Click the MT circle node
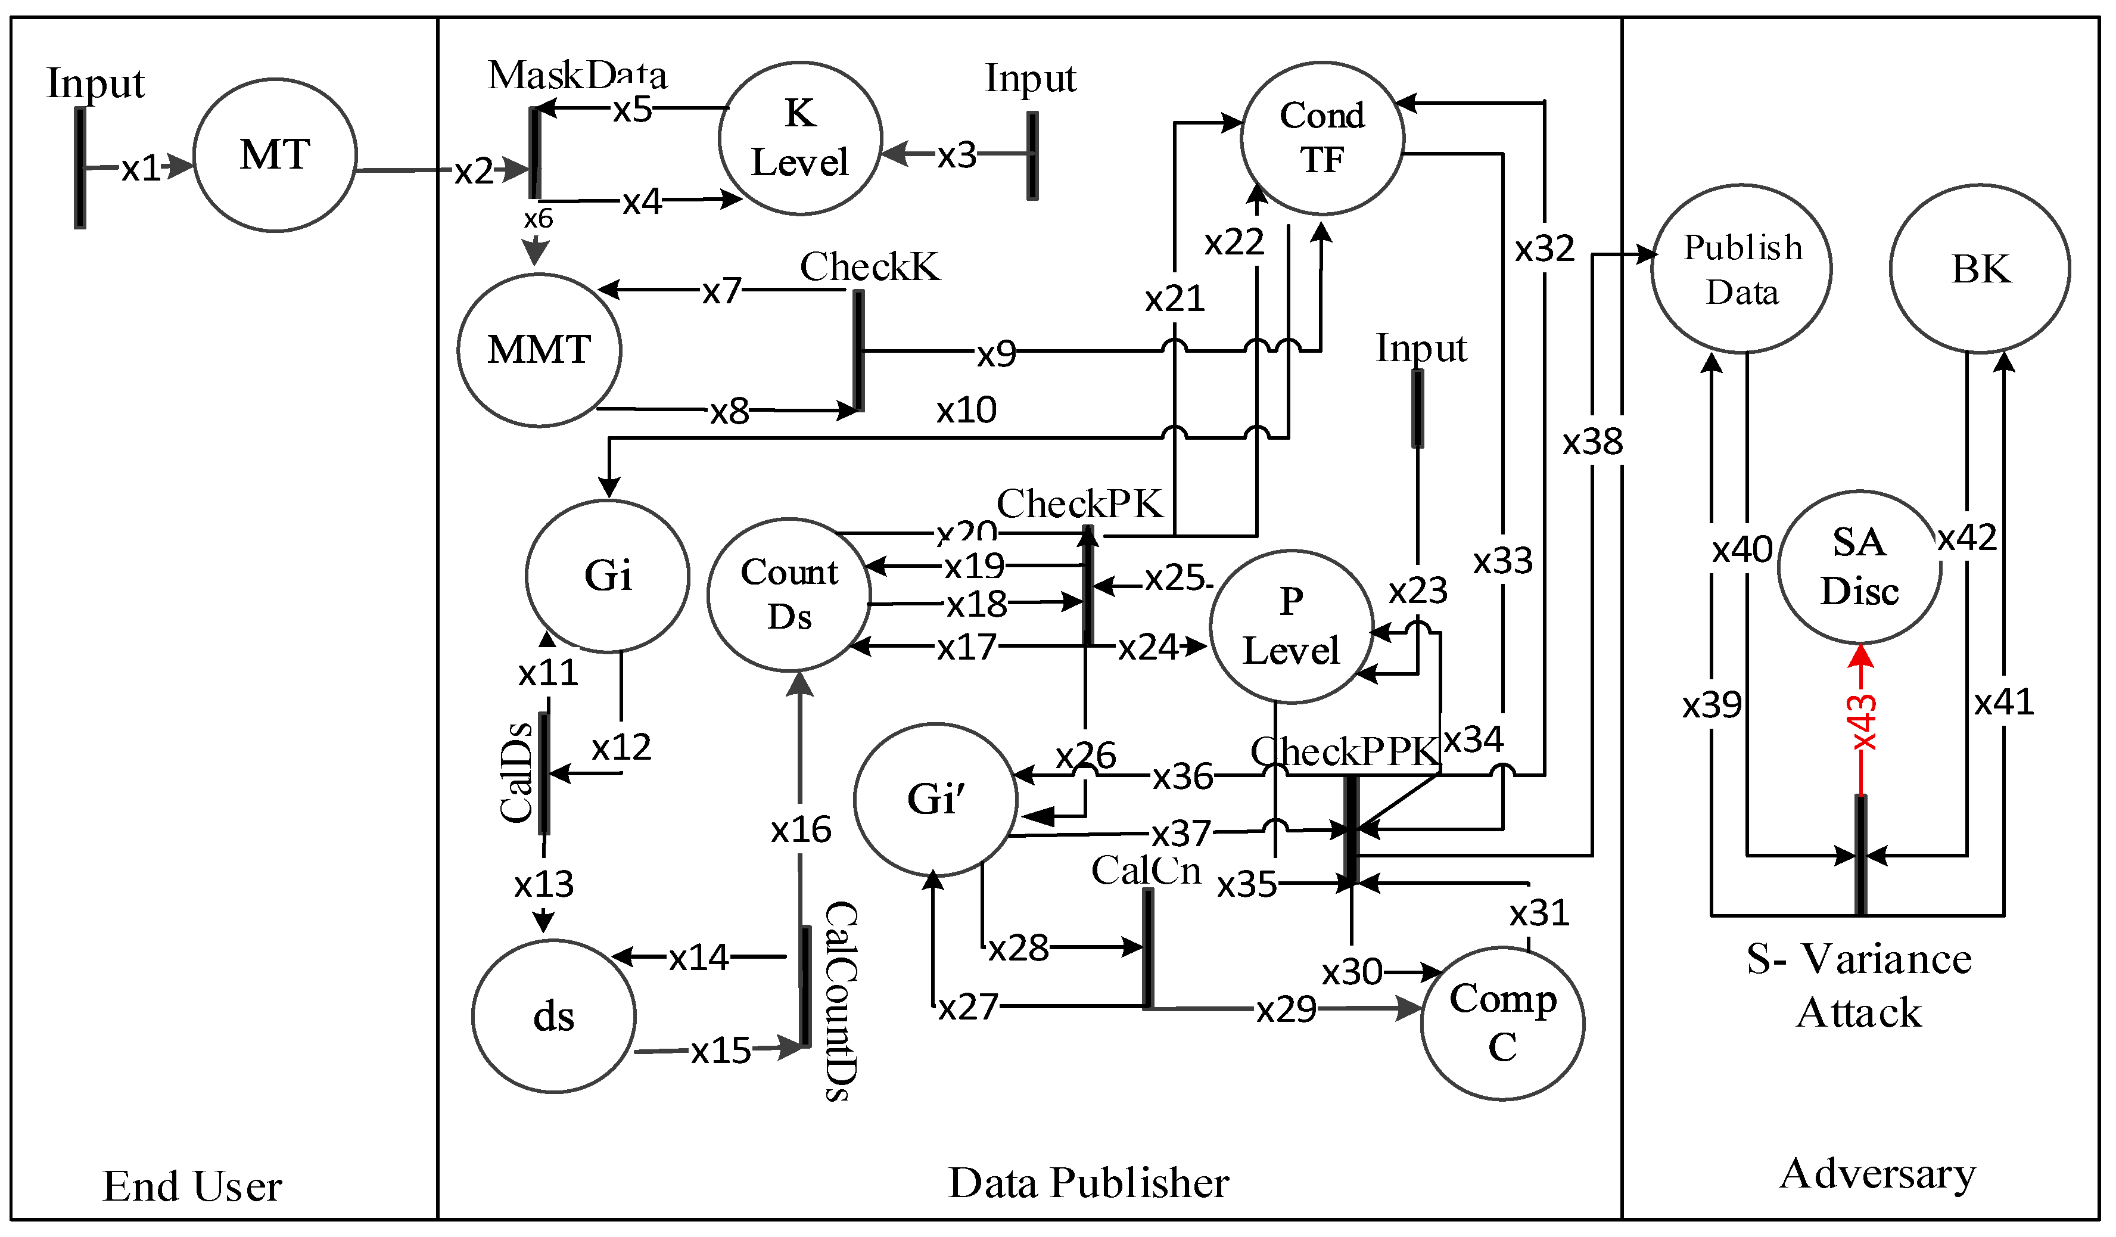pos(275,156)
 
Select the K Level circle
pos(799,139)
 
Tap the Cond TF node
pos(1322,138)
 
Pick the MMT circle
pos(539,350)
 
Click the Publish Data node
pos(1741,269)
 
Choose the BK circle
pos(1980,269)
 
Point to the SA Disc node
pos(1859,567)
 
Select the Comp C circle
pos(1502,1023)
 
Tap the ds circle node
pos(553,1016)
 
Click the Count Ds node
pos(789,595)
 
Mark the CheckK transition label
pos(869,267)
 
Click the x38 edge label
pos(1592,442)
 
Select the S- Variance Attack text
pos(1859,985)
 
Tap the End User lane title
pos(192,1186)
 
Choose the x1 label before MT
pos(140,169)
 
